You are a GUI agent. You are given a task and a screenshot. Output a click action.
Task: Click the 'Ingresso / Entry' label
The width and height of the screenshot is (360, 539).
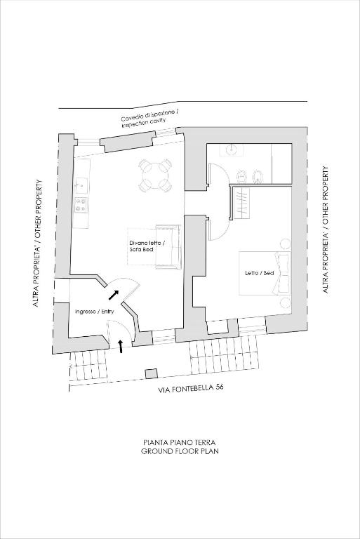(94, 312)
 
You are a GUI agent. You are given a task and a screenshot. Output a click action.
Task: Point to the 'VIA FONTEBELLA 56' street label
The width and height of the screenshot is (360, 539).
(191, 388)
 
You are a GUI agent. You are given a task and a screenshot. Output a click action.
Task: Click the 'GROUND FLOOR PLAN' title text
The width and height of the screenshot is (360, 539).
(180, 451)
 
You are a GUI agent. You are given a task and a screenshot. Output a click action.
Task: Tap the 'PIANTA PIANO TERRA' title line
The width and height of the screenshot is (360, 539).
(180, 442)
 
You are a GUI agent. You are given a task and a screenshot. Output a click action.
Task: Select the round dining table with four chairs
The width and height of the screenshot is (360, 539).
(155, 175)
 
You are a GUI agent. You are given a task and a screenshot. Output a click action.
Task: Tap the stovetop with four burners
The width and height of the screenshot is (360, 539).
(81, 204)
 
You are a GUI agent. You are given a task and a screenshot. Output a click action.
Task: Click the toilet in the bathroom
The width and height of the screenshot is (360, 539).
(241, 177)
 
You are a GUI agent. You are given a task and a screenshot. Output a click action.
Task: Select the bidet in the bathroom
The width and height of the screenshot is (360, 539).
(257, 176)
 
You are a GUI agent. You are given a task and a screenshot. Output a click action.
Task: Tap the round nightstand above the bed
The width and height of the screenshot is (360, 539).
(284, 244)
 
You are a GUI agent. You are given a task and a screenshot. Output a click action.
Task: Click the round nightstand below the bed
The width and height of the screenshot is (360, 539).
(284, 303)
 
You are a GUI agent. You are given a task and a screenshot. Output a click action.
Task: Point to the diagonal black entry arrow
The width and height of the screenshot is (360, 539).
(113, 294)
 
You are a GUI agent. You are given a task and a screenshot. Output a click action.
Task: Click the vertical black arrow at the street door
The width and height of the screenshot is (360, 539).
(121, 346)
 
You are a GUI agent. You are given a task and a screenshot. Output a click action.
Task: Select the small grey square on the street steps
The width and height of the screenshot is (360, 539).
(151, 374)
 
